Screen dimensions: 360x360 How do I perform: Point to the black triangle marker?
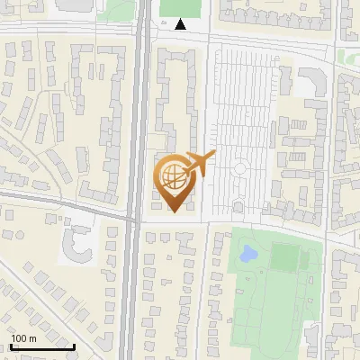coord(182,25)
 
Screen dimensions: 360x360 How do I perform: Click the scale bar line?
coord(42,346)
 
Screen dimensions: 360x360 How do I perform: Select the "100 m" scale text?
coord(23,338)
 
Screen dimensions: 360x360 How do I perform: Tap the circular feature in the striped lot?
coord(241,167)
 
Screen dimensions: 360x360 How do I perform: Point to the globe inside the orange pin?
coord(172,173)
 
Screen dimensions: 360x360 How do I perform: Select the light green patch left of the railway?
coord(112,9)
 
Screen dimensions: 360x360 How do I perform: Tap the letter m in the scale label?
coord(32,339)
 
